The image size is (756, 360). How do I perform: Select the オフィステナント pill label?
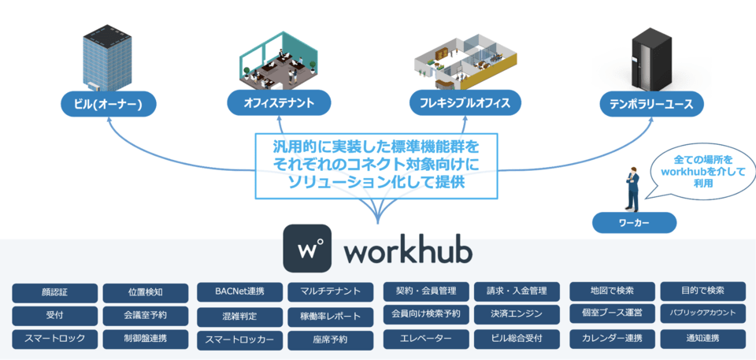coord(279,102)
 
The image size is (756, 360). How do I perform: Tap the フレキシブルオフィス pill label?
coord(465,102)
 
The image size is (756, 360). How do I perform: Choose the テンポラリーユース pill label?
coord(650,103)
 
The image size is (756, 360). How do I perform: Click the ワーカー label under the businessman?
coord(634,223)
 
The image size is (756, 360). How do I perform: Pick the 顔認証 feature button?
coord(55,293)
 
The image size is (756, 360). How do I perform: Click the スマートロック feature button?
coord(55,340)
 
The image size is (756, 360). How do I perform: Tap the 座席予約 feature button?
coord(331,340)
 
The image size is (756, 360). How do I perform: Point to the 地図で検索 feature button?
coord(612,291)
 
